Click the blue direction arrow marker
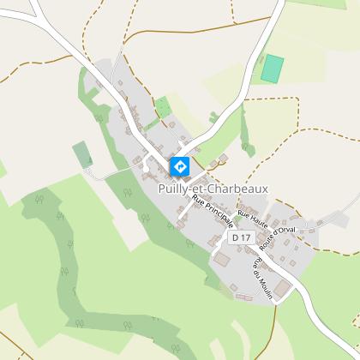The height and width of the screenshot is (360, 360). (x=180, y=167)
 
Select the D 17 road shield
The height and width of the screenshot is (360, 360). (x=241, y=236)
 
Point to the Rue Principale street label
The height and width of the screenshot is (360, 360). (x=213, y=221)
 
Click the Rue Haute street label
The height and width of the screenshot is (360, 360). (x=253, y=222)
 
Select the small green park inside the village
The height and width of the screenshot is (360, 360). (x=162, y=108)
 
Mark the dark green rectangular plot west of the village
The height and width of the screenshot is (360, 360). (x=82, y=154)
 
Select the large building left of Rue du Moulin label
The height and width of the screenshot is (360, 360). (x=223, y=259)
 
